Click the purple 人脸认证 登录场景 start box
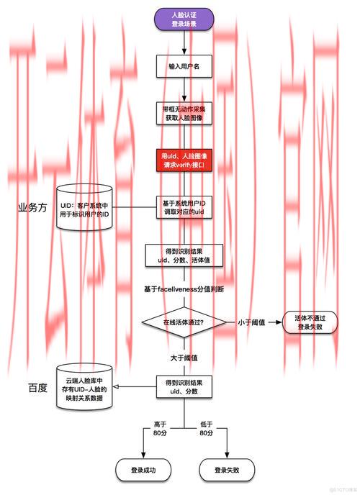184,19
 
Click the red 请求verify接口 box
184,160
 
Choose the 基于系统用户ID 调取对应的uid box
184,208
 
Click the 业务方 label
32,207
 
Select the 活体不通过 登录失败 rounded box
311,322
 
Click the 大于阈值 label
184,358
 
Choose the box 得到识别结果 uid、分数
184,387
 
